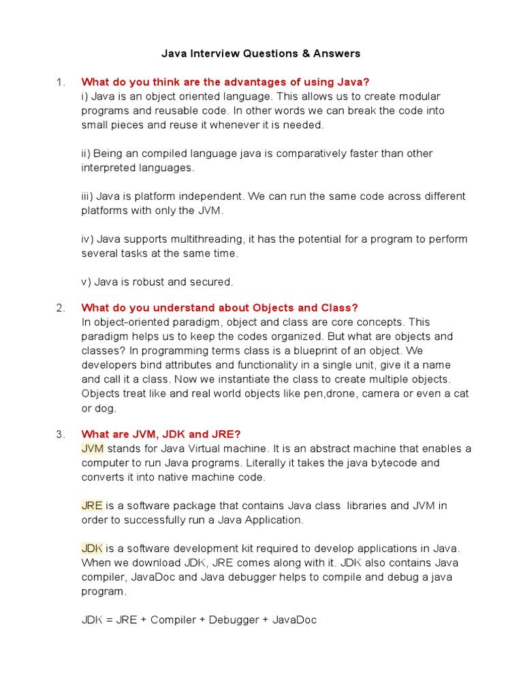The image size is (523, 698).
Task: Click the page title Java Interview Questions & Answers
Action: click(x=261, y=53)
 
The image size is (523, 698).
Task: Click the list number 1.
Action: click(x=61, y=82)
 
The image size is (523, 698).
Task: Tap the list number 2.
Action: click(x=61, y=307)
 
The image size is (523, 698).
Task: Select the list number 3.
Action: click(x=61, y=434)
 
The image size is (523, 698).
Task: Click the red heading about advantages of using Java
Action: click(x=225, y=82)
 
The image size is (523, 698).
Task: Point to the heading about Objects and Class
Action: click(x=219, y=307)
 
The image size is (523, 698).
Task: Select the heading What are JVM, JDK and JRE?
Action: click(x=161, y=434)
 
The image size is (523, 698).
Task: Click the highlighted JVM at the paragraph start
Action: click(x=93, y=449)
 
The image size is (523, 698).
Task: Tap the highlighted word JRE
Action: click(x=92, y=506)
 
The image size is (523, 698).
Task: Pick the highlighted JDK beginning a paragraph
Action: click(x=92, y=548)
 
